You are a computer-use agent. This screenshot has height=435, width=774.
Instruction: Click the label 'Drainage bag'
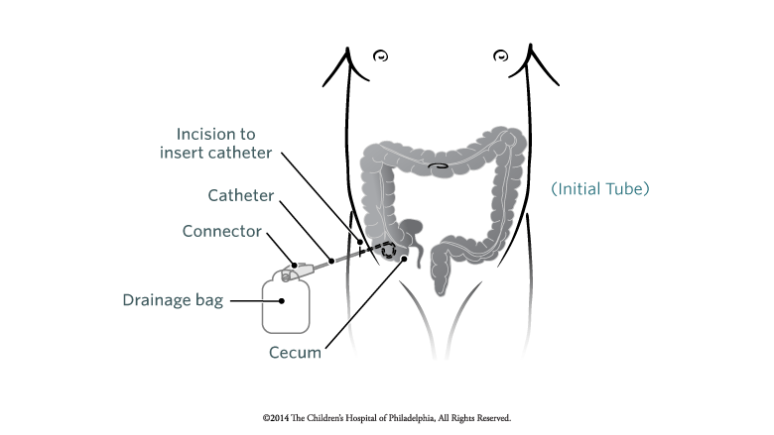[x=173, y=300]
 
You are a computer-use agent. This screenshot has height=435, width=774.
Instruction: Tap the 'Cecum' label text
[x=295, y=353]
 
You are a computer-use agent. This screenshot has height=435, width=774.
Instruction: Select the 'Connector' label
[x=221, y=231]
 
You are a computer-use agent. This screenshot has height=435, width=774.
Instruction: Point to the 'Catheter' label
[x=240, y=195]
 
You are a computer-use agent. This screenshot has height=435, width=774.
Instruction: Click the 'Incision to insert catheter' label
[x=215, y=144]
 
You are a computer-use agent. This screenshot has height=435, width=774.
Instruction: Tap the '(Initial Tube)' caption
[x=599, y=188]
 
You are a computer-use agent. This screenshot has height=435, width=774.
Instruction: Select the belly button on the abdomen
[x=438, y=166]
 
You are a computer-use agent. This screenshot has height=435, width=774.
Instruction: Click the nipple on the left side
[x=381, y=56]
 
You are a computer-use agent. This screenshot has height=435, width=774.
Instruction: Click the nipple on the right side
[x=500, y=55]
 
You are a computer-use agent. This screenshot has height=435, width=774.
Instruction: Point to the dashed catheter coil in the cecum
[x=388, y=251]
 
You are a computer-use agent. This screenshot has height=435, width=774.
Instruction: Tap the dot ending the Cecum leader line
[x=404, y=259]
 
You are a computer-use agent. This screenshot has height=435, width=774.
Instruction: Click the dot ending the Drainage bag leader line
[x=282, y=301]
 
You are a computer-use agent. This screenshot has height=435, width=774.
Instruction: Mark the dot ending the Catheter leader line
[x=331, y=261]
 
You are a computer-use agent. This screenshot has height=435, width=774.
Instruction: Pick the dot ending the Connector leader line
[x=294, y=266]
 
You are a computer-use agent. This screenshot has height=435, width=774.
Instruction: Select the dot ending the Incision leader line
[x=360, y=242]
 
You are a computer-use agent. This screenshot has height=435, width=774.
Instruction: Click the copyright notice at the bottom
[x=387, y=418]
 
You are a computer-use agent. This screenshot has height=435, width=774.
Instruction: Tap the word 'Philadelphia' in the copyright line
[x=411, y=418]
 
